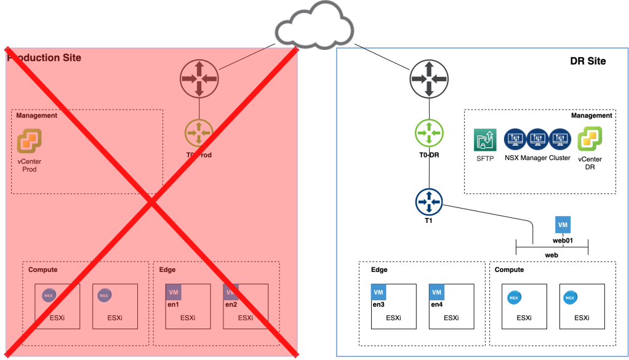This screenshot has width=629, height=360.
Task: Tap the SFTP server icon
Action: (485, 140)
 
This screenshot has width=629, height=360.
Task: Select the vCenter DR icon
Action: (589, 139)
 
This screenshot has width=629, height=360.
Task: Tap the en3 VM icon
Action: (379, 292)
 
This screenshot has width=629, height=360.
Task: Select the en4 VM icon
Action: (436, 292)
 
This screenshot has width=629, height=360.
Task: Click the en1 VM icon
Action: (173, 292)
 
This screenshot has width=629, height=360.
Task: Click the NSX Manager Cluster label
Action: (537, 158)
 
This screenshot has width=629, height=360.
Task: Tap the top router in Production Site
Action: (199, 79)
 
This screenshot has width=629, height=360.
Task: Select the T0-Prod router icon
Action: (199, 132)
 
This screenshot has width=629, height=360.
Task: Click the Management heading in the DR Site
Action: (591, 115)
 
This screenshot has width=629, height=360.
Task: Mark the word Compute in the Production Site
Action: (43, 270)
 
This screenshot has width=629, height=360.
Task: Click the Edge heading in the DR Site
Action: (379, 270)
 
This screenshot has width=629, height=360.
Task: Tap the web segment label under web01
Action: (551, 255)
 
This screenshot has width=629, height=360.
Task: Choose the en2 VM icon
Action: (231, 292)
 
